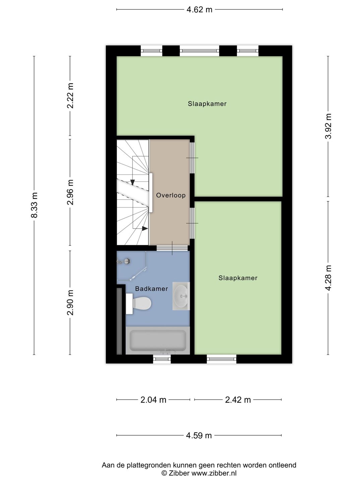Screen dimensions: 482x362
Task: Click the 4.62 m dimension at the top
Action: pos(199,10)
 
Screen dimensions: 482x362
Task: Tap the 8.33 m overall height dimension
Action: pos(34,205)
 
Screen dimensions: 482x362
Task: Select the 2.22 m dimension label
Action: pos(70,96)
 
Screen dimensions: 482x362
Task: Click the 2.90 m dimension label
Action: pos(70,302)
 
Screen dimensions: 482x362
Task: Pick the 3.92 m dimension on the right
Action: pos(328,126)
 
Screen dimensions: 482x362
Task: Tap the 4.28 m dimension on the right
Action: pos(328,277)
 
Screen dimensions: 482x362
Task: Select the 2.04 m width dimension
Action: pos(153,400)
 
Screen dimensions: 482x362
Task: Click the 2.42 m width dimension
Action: pos(238,400)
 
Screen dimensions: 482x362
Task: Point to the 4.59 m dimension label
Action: pos(199,435)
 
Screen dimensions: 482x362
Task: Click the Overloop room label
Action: pos(171,195)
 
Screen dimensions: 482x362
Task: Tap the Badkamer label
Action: pos(152,289)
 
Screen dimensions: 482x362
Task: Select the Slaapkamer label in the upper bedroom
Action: pos(207,104)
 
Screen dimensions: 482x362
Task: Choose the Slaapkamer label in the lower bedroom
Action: pos(238,278)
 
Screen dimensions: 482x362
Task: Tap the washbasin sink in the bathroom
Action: pos(181,296)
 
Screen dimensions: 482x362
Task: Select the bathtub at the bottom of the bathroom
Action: pos(158,341)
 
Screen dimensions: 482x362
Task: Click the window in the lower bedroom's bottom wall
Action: pos(222,359)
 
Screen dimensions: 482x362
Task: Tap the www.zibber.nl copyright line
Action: pos(199,473)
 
